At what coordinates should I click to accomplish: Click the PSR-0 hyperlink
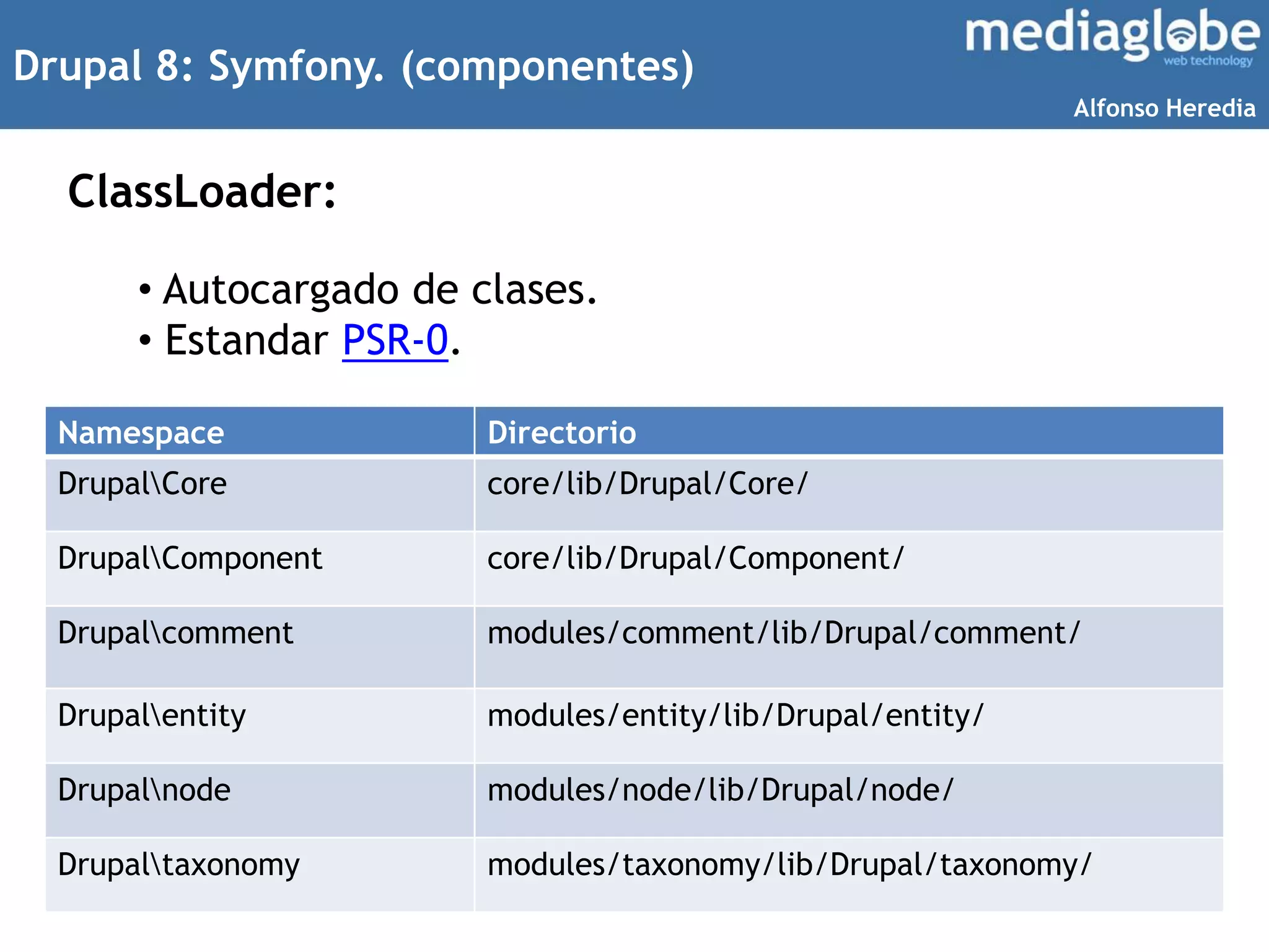click(x=395, y=340)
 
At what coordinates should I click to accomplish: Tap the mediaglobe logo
click(x=1112, y=36)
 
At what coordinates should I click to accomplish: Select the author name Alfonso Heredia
click(x=1164, y=108)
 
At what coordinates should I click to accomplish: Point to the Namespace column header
click(x=141, y=432)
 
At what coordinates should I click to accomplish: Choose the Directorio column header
click(x=561, y=432)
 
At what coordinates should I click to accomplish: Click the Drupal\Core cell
click(x=143, y=483)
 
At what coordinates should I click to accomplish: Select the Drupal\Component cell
click(x=190, y=558)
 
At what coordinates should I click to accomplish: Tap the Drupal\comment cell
click(x=175, y=633)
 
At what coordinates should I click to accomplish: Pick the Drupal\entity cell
click(x=152, y=715)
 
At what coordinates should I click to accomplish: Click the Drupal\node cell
click(x=144, y=790)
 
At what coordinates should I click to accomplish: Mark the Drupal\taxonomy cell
click(x=178, y=865)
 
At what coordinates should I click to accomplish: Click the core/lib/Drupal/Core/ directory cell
click(x=648, y=483)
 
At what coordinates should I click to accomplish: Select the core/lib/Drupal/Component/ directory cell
click(x=695, y=558)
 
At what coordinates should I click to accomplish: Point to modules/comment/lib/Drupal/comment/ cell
click(x=783, y=633)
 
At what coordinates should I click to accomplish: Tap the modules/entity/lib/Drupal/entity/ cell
click(x=735, y=715)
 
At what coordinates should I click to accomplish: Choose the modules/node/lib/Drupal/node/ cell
click(x=720, y=790)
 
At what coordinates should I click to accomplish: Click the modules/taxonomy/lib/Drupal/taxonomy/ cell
click(x=789, y=865)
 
